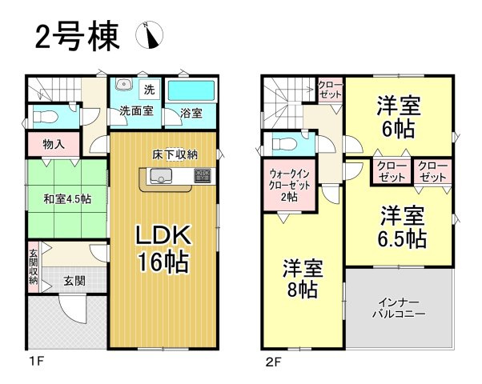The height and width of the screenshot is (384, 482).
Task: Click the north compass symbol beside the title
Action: (150, 34)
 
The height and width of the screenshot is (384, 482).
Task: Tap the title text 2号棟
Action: (76, 35)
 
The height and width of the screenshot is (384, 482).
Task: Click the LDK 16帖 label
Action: (165, 249)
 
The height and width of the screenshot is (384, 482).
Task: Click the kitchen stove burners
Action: (201, 174)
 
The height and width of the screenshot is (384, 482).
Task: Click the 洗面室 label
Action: (137, 111)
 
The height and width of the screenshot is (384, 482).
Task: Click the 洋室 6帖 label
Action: (400, 116)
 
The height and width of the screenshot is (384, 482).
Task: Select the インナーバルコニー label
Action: (398, 308)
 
